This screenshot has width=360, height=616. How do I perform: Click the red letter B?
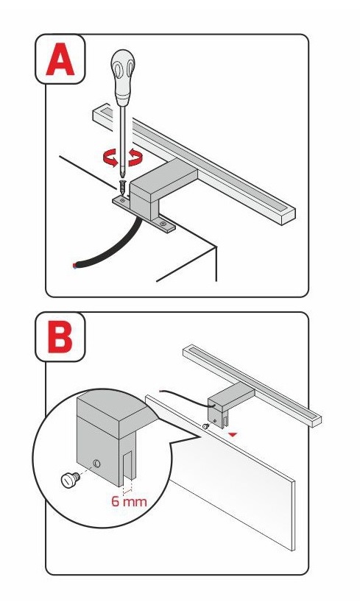point(60,338)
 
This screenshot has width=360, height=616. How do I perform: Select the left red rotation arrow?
point(110,158)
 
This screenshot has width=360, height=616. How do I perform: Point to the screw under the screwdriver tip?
point(124,188)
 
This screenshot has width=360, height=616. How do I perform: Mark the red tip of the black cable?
point(74,266)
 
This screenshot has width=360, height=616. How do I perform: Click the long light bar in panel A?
point(194,164)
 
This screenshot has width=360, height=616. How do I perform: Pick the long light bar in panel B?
point(253,386)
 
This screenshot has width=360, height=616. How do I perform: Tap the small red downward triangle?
point(233,434)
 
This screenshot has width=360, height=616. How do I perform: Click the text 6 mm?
point(129,501)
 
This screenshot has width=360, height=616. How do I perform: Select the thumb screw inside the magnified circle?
point(69,479)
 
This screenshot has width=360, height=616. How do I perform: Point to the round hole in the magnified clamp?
point(96,464)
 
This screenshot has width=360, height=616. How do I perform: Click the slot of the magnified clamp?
point(129,467)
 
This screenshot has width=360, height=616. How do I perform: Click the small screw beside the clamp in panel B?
point(205,426)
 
